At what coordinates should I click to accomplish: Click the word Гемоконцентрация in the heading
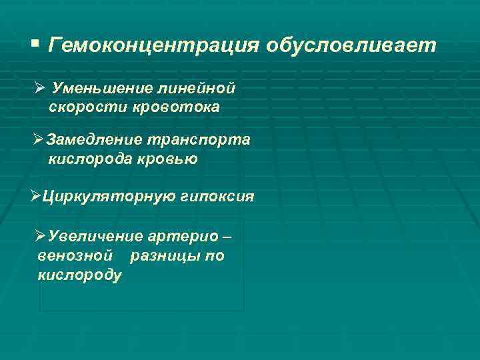click(154, 46)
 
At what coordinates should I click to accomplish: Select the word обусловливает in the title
click(351, 46)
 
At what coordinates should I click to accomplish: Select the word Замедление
click(94, 139)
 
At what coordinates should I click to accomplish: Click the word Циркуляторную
click(108, 197)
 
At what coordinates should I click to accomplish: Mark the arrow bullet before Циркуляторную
click(37, 197)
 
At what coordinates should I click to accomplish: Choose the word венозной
click(75, 256)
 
